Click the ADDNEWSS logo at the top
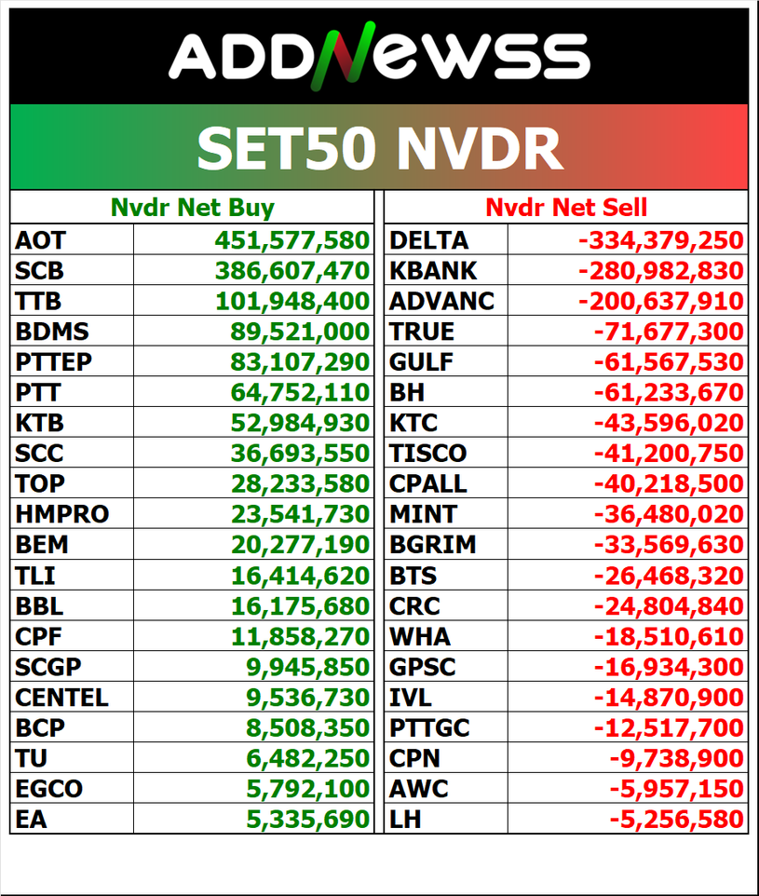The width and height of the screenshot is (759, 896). pyautogui.click(x=379, y=56)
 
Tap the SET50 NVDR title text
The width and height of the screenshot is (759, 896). pyautogui.click(x=379, y=147)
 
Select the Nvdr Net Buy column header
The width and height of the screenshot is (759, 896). pyautogui.click(x=192, y=208)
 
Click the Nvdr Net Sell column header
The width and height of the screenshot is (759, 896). pyautogui.click(x=566, y=208)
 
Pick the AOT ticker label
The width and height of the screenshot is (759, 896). pyautogui.click(x=40, y=240)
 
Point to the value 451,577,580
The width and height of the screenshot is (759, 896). pyautogui.click(x=292, y=240)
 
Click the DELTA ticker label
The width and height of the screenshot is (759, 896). pyautogui.click(x=428, y=240)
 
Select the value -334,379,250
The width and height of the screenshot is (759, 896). pyautogui.click(x=661, y=240)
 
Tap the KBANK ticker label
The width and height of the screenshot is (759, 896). pyautogui.click(x=433, y=271)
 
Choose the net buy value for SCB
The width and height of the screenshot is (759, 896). pyautogui.click(x=292, y=271)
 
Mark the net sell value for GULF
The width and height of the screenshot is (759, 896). pyautogui.click(x=669, y=361)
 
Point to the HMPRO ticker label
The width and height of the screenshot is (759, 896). pyautogui.click(x=61, y=513)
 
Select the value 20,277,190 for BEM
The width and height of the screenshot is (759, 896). pyautogui.click(x=300, y=544)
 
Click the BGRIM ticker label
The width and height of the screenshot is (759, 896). pyautogui.click(x=433, y=544)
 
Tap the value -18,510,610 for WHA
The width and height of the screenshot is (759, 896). pyautogui.click(x=669, y=637)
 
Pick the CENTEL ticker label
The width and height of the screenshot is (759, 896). pyautogui.click(x=61, y=697)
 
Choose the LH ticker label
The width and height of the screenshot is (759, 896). pyautogui.click(x=405, y=820)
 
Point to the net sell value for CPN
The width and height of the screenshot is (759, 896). pyautogui.click(x=676, y=758)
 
